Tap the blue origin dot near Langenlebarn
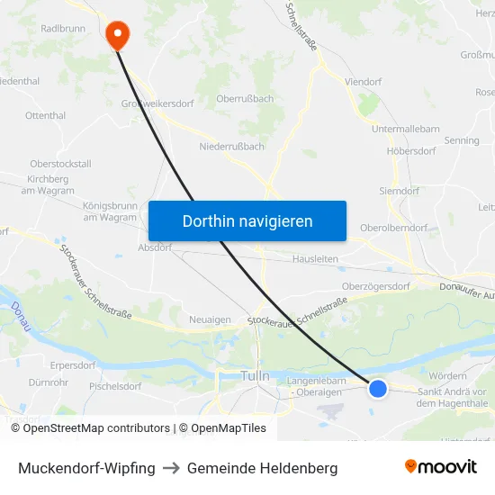(x=378, y=388)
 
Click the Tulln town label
(x=256, y=375)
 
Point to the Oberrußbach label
(x=246, y=98)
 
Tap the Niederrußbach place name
(x=231, y=146)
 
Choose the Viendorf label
(x=363, y=81)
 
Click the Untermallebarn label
(x=406, y=129)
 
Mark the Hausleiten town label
(x=316, y=258)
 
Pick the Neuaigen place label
(x=210, y=319)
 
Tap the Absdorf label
(x=155, y=247)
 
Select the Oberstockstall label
(x=60, y=164)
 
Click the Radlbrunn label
(x=62, y=29)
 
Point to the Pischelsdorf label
(x=115, y=386)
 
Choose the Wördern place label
(x=448, y=375)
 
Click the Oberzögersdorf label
(x=376, y=287)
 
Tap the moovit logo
(x=441, y=467)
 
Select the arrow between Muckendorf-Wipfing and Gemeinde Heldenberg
(x=171, y=468)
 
